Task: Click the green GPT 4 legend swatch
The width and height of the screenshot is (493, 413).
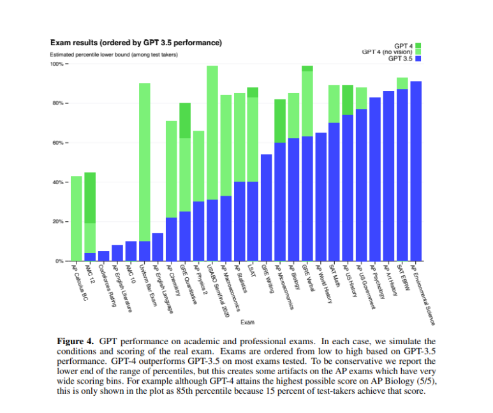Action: click(x=418, y=46)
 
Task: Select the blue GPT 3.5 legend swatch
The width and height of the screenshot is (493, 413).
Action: click(x=418, y=59)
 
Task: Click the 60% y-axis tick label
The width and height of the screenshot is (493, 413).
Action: click(x=58, y=143)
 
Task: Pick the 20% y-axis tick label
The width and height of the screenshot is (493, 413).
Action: click(x=58, y=222)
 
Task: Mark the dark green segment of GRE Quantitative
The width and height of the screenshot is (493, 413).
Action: click(x=185, y=120)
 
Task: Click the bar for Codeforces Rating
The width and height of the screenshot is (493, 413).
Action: click(x=103, y=256)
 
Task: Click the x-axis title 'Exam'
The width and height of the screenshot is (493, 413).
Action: click(x=246, y=322)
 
